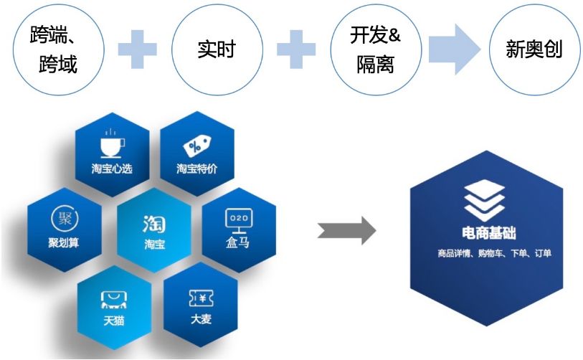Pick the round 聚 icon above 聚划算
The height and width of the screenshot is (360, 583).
(x=64, y=217)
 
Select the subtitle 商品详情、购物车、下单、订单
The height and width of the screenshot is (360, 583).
(x=488, y=253)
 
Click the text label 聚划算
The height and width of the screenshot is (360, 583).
(x=64, y=242)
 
